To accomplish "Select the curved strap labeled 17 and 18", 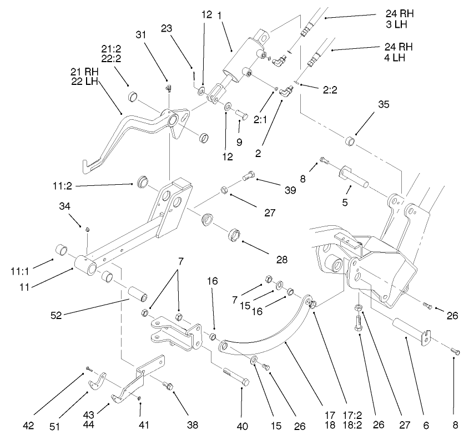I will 266,338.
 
